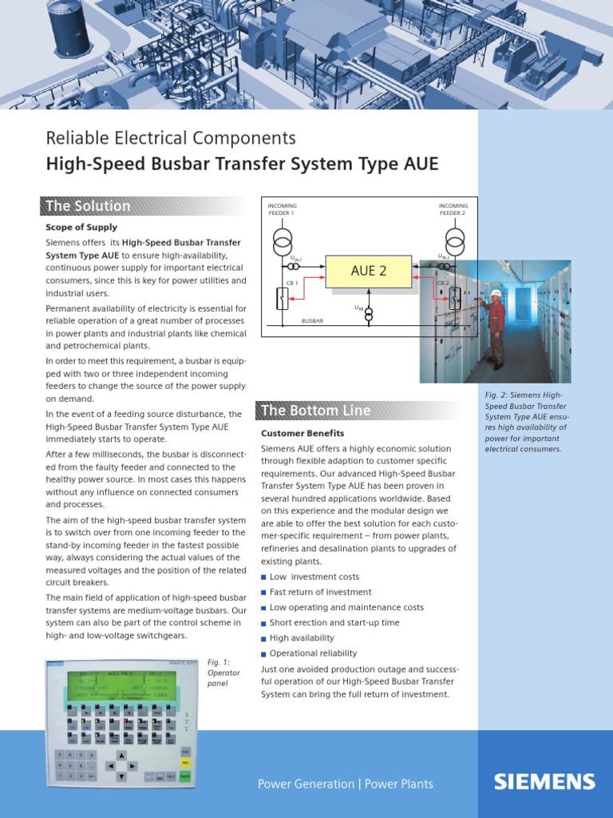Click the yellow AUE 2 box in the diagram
[x=368, y=272]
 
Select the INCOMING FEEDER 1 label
[x=281, y=210]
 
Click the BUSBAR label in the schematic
[x=312, y=320]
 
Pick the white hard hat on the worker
[x=496, y=293]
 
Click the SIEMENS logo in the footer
[x=544, y=781]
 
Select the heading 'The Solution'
[x=88, y=206]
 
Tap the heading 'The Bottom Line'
[x=316, y=411]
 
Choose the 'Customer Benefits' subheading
[x=303, y=433]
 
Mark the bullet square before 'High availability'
[x=264, y=638]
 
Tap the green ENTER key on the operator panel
[x=185, y=775]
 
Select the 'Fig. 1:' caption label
[x=218, y=662]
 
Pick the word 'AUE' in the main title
[x=421, y=165]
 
